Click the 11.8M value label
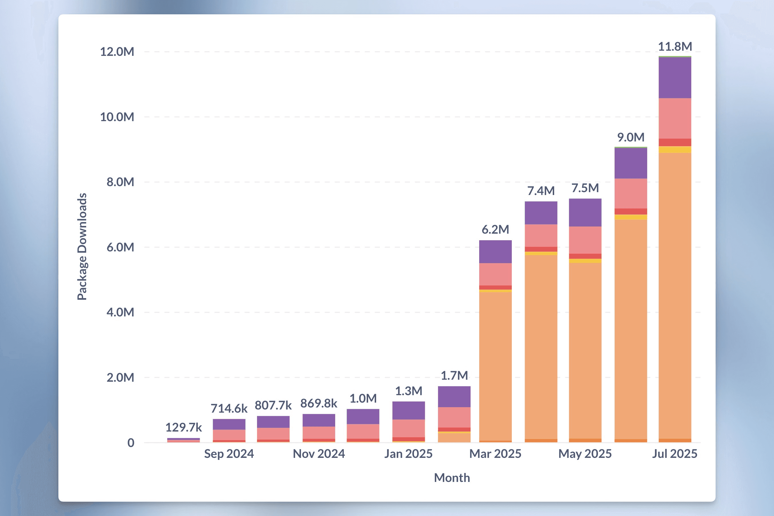(x=675, y=46)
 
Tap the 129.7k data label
(x=183, y=427)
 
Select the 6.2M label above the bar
(x=495, y=229)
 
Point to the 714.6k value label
(x=229, y=408)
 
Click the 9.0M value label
(x=630, y=137)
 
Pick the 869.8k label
(x=318, y=403)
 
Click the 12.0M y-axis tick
(x=117, y=52)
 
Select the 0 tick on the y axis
(x=131, y=443)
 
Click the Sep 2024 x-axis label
(x=229, y=454)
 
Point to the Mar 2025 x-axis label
(x=495, y=454)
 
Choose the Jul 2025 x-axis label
(x=674, y=454)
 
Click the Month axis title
(x=452, y=478)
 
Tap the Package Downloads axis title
(x=82, y=247)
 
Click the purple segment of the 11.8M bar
(x=674, y=78)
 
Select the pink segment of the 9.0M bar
(x=630, y=193)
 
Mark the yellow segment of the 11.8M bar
(x=674, y=149)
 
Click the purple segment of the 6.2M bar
(x=495, y=251)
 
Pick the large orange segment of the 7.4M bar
(x=540, y=346)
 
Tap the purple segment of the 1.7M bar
(x=454, y=397)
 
